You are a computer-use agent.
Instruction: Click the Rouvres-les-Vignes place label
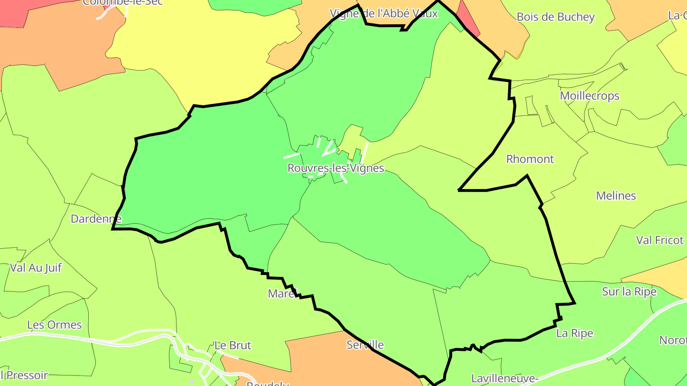[x=335, y=168]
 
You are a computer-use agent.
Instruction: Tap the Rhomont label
[x=530, y=159]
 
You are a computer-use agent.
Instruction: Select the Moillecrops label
[x=589, y=96]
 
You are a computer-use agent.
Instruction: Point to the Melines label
[x=616, y=195]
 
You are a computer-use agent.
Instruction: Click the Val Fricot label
[x=659, y=240]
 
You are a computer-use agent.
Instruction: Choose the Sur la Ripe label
[x=629, y=292]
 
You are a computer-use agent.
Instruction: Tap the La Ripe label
[x=574, y=334]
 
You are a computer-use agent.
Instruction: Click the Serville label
[x=365, y=345]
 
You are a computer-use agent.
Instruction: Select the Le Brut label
[x=232, y=345]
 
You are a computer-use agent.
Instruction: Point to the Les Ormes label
[x=54, y=325]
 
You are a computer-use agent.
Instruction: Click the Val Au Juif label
[x=36, y=268]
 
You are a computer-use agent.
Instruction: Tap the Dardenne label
[x=96, y=219]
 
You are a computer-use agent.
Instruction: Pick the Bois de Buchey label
[x=555, y=17]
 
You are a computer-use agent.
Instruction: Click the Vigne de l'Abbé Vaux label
[x=384, y=13]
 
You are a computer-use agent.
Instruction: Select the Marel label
[x=282, y=294]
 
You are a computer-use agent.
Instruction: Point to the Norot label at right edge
[x=673, y=340]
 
